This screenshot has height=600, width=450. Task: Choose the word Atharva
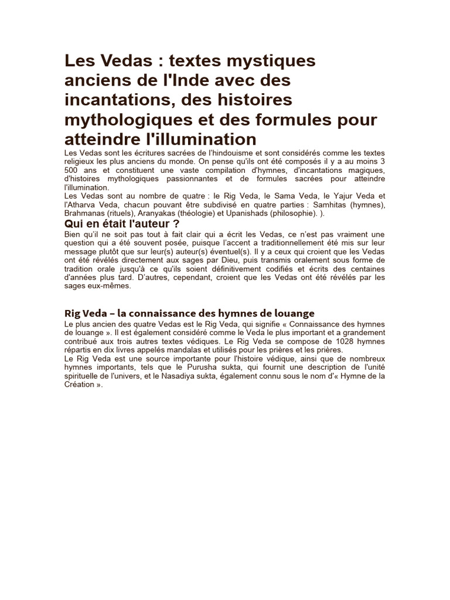(x=84, y=204)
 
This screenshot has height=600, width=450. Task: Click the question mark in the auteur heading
(x=176, y=224)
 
